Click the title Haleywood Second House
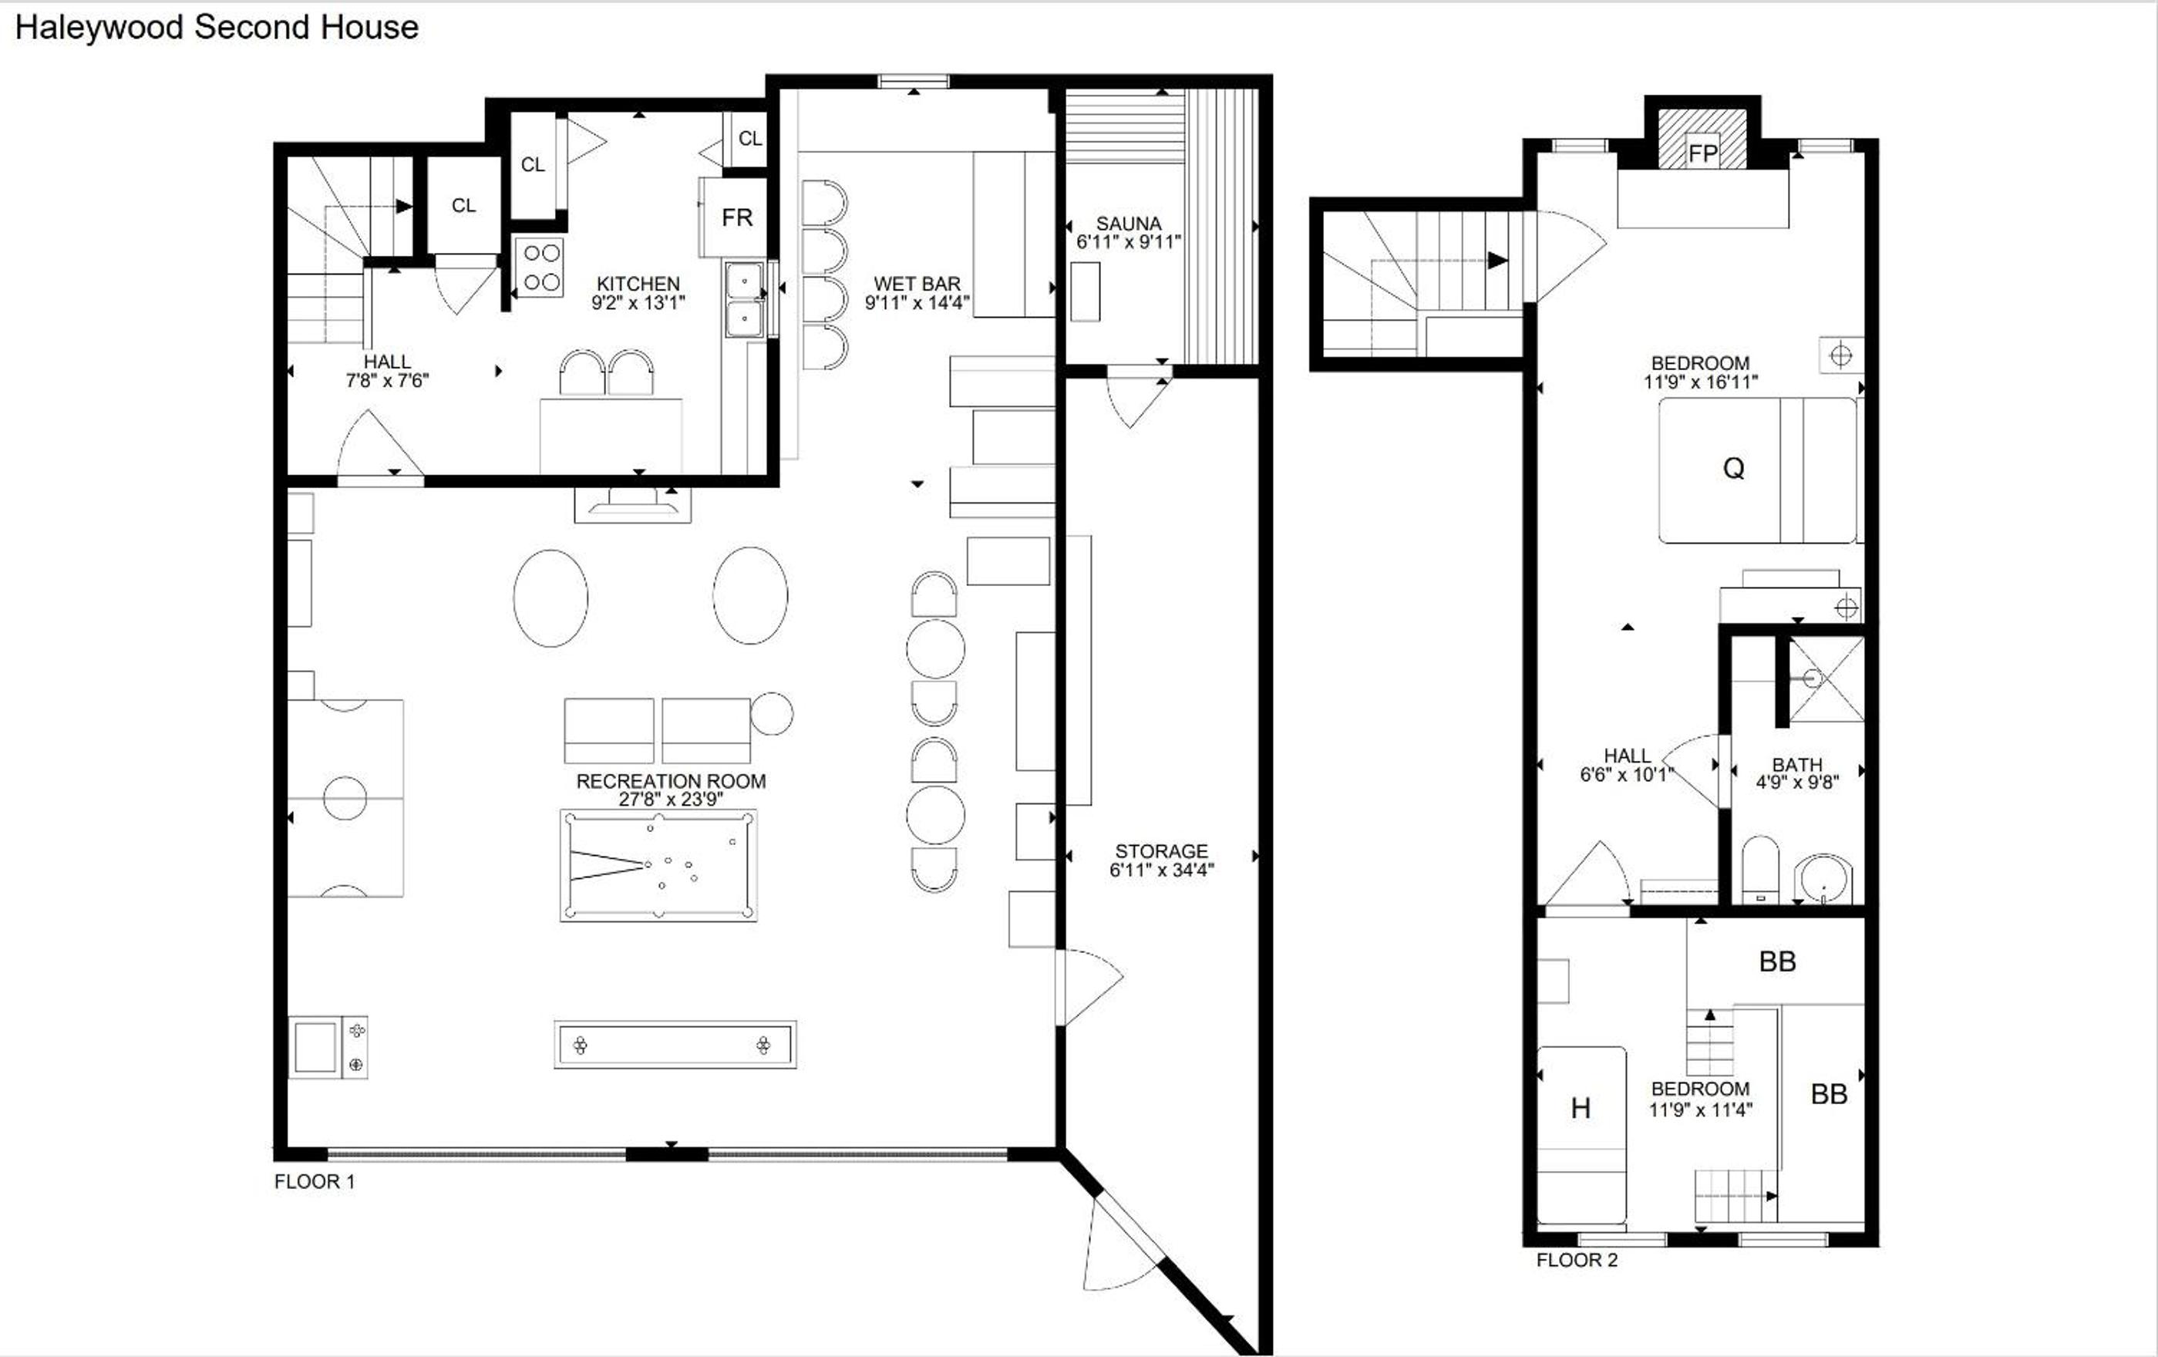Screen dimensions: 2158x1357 pyautogui.click(x=217, y=28)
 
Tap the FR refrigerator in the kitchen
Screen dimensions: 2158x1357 pyautogui.click(x=734, y=217)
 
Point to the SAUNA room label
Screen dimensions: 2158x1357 pyautogui.click(x=1128, y=223)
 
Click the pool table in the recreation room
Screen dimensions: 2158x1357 pyautogui.click(x=658, y=865)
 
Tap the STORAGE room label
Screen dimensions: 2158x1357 pyautogui.click(x=1161, y=850)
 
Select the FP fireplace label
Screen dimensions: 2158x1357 pyautogui.click(x=1703, y=153)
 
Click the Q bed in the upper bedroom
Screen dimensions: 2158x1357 pyautogui.click(x=1757, y=470)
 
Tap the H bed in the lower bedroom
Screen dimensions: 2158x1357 pyautogui.click(x=1582, y=1135)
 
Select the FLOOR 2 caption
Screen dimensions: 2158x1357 pyautogui.click(x=1577, y=1260)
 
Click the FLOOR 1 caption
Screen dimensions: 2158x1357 pyautogui.click(x=315, y=1181)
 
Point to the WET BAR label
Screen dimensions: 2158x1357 pyautogui.click(x=917, y=283)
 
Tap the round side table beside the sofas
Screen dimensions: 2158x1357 pyautogui.click(x=772, y=714)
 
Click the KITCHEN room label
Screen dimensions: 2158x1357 pyautogui.click(x=638, y=283)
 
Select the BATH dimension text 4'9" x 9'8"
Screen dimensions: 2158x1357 pyautogui.click(x=1797, y=783)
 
